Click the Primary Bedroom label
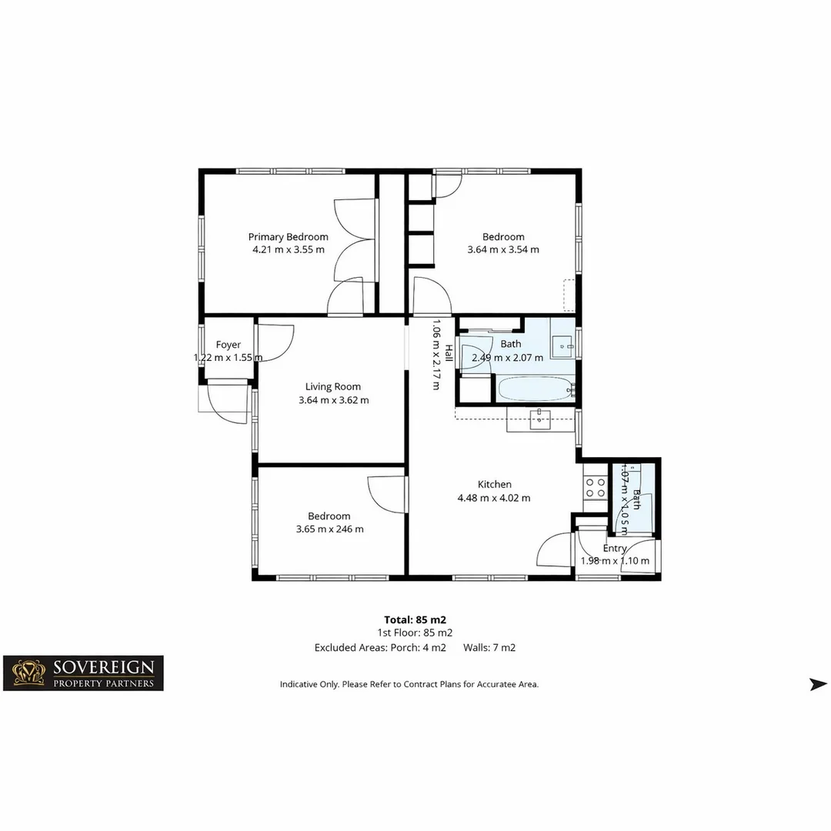coord(288,237)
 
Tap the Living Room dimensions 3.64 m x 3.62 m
coord(333,400)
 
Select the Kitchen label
coord(494,485)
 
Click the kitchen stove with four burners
coord(595,486)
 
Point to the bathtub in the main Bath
coord(536,389)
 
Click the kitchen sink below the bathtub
coord(540,420)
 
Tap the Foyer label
coord(228,345)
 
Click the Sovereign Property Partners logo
coord(83,673)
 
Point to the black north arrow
coord(818,684)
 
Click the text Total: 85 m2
coord(415,619)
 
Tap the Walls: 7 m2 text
coord(489,648)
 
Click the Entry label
coord(615,549)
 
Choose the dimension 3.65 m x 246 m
coord(329,529)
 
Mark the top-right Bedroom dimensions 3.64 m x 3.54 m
coord(503,250)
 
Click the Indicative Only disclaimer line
coord(409,684)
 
